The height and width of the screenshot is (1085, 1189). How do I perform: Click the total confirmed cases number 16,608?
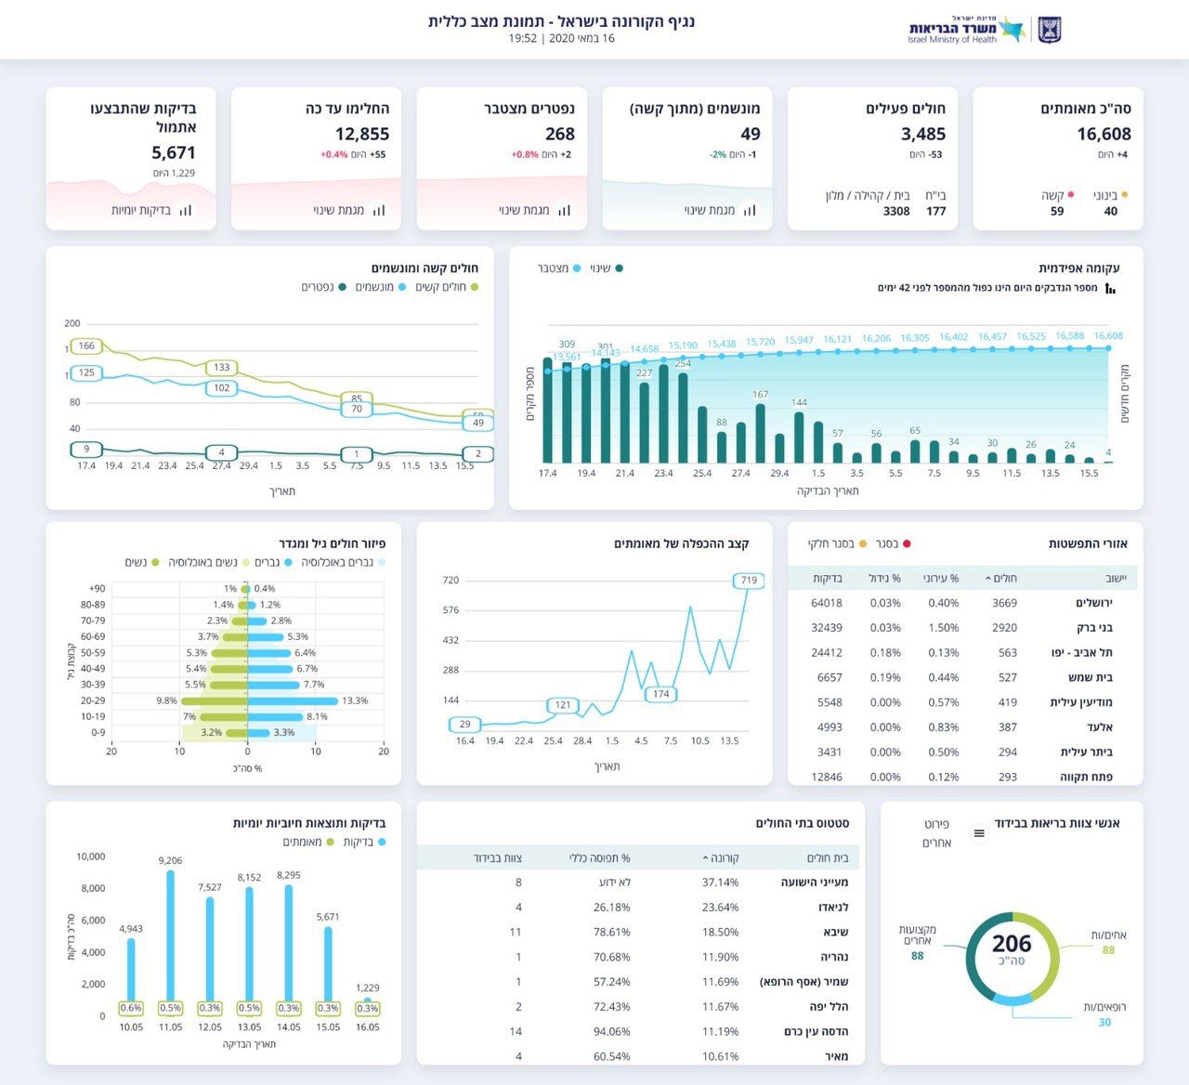pos(1104,134)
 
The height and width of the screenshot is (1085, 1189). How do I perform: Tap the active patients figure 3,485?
pos(922,134)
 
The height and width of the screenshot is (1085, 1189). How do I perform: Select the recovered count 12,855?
pos(362,134)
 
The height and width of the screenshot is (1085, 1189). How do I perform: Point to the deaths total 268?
pos(560,134)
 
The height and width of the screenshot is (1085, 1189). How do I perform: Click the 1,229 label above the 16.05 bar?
pos(368,987)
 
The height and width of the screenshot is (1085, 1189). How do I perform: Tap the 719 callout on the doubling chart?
pos(749,581)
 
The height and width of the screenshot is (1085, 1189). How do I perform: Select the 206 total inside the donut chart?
pos(1012,945)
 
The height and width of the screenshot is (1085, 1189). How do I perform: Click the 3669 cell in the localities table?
pos(1004,603)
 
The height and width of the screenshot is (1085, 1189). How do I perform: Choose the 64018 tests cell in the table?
pos(827,603)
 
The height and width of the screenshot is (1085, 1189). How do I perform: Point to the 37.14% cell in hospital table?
pos(721,882)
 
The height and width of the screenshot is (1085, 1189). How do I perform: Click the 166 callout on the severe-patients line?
pos(86,346)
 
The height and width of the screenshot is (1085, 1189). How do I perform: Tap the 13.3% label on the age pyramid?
pos(355,700)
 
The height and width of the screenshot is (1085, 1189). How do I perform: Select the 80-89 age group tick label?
pos(93,605)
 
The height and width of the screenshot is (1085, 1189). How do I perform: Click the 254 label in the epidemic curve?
pos(683,363)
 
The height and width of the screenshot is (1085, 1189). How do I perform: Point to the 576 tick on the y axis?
pos(451,610)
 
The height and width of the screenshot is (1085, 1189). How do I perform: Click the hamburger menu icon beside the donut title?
pos(978,833)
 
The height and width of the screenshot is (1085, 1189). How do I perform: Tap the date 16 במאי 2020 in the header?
pos(576,38)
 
